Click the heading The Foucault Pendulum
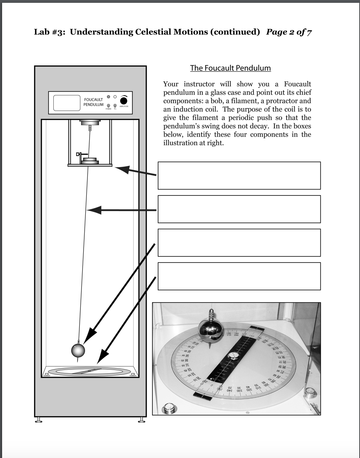click(x=230, y=68)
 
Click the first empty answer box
click(x=239, y=175)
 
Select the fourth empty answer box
click(x=239, y=276)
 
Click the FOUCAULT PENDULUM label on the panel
click(x=93, y=102)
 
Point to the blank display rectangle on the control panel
click(x=67, y=103)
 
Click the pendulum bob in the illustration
click(x=78, y=350)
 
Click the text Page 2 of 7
click(x=289, y=32)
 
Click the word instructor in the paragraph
click(x=199, y=84)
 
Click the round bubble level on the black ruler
click(x=233, y=356)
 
